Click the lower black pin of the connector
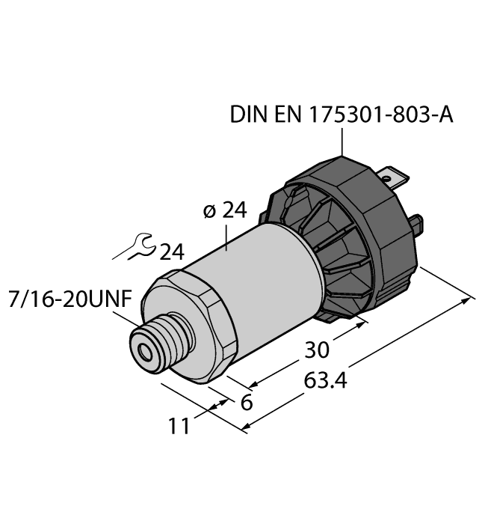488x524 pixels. tap(419, 222)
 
